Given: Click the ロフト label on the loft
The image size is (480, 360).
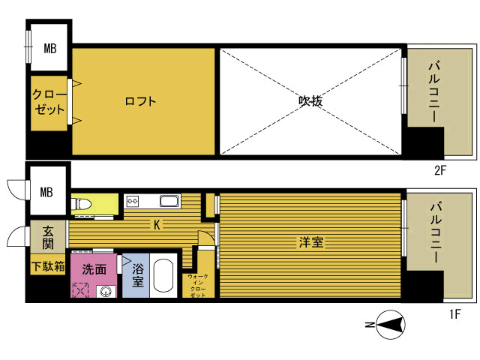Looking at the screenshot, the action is pyautogui.click(x=140, y=101).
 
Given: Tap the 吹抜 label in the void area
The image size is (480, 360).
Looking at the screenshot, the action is pyautogui.click(x=310, y=100).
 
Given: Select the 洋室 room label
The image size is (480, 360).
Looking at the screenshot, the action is pyautogui.click(x=311, y=242).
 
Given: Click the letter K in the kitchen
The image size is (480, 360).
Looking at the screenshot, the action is pyautogui.click(x=157, y=225).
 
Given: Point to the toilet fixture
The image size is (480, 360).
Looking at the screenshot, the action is pyautogui.click(x=81, y=203).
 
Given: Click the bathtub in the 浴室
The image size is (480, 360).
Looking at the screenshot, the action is pyautogui.click(x=163, y=275).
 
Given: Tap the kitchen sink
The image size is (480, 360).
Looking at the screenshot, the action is pyautogui.click(x=169, y=201).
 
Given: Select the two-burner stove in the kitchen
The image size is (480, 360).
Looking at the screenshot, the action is pyautogui.click(x=133, y=201).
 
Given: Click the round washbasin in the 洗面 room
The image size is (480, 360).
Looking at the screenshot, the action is pyautogui.click(x=106, y=292).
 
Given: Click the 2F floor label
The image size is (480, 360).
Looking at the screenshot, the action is pyautogui.click(x=440, y=170).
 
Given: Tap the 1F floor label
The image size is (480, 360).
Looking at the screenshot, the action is pyautogui.click(x=455, y=314).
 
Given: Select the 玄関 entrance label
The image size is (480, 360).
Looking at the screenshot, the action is pyautogui.click(x=48, y=237).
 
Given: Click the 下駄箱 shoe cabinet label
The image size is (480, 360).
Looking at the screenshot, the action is pyautogui.click(x=48, y=266).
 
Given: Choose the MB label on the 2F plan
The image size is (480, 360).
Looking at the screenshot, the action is pyautogui.click(x=50, y=48).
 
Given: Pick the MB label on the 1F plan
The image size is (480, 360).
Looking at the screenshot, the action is pyautogui.click(x=46, y=192).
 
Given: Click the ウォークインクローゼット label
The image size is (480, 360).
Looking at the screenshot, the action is pyautogui.click(x=198, y=286).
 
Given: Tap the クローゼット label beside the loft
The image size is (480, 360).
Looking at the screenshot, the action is pyautogui.click(x=49, y=102).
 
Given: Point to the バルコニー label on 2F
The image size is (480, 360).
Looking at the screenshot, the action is pyautogui.click(x=434, y=91).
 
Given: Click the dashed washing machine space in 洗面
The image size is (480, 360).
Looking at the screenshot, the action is pyautogui.click(x=80, y=290).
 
